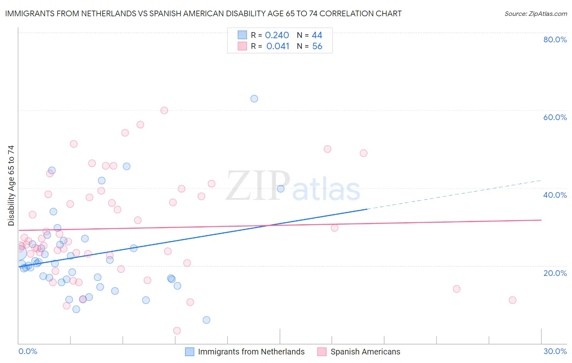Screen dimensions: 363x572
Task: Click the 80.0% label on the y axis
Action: coord(555,39)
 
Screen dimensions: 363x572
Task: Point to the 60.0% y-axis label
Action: coord(555,117)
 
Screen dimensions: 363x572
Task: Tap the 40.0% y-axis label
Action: coord(555,195)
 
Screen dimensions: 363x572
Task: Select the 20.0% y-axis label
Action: coord(555,273)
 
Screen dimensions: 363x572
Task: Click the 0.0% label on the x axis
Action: coord(28,351)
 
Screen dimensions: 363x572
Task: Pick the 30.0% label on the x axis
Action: coord(555,351)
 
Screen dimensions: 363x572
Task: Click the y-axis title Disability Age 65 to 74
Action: coord(11,185)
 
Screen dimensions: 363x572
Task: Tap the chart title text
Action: coord(203,13)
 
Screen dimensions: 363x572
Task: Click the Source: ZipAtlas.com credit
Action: coord(535,13)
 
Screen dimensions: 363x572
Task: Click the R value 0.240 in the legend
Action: coord(277,35)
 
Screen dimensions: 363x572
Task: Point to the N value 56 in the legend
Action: coord(317,46)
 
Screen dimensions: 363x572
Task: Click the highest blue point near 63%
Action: coord(254,98)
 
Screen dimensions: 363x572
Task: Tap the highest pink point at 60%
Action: coord(164,110)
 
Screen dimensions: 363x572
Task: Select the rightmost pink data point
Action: coord(513,300)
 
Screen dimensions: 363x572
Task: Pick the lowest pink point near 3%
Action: coord(177,330)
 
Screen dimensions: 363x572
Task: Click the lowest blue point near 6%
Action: coord(206,320)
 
